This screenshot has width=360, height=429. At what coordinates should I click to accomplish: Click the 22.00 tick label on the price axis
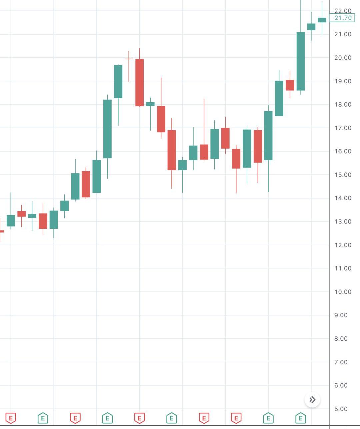[x=343, y=11]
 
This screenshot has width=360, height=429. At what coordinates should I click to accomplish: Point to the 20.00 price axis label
[x=343, y=58]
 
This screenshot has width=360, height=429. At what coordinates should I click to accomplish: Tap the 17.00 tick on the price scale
[x=343, y=128]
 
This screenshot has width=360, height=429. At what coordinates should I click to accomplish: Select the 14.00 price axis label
[x=343, y=198]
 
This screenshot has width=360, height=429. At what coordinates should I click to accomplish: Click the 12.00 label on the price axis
[x=343, y=245]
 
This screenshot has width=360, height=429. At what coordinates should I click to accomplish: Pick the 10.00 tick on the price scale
[x=343, y=292]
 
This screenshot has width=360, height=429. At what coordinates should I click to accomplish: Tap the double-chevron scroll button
[x=312, y=400]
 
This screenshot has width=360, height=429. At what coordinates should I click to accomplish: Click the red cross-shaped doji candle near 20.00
[x=129, y=59]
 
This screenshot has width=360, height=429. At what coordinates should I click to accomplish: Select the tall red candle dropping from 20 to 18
[x=139, y=83]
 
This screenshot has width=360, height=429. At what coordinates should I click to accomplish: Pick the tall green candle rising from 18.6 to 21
[x=301, y=61]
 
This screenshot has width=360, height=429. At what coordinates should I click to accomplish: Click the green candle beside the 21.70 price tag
[x=322, y=20]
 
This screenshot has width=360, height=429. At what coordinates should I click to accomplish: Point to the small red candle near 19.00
[x=290, y=85]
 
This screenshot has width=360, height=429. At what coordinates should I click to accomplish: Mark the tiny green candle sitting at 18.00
[x=150, y=104]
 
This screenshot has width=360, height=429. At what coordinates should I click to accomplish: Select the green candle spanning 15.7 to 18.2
[x=107, y=129]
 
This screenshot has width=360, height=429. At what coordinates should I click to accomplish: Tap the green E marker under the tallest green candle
[x=301, y=418]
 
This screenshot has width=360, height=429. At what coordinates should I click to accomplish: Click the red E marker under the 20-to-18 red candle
[x=139, y=418]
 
